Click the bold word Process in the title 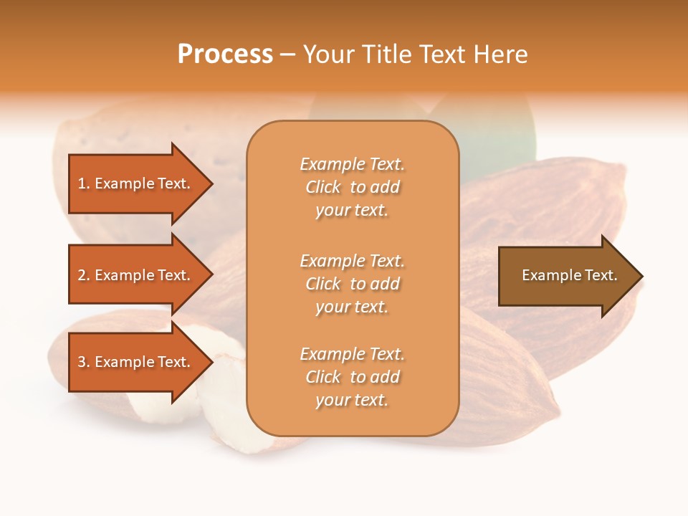pos(225,54)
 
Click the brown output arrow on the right pos(566,275)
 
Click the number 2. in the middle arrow pos(83,275)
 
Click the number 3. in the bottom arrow pos(83,362)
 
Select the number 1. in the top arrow pos(83,183)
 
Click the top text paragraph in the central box pos(352,187)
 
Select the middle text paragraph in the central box pos(352,284)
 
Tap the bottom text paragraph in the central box pos(352,377)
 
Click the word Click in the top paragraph pos(323,187)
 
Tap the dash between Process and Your pos(287,54)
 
